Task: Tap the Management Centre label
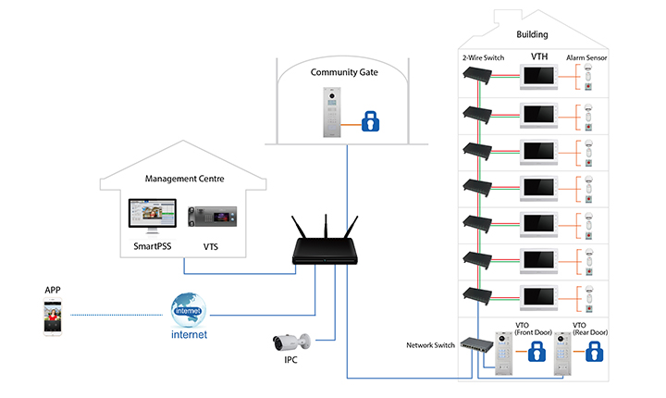point(186,178)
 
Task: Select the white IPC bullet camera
point(292,341)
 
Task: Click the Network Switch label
point(431,344)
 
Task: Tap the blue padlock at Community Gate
point(370,121)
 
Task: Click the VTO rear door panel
point(563,355)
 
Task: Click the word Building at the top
point(532,34)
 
